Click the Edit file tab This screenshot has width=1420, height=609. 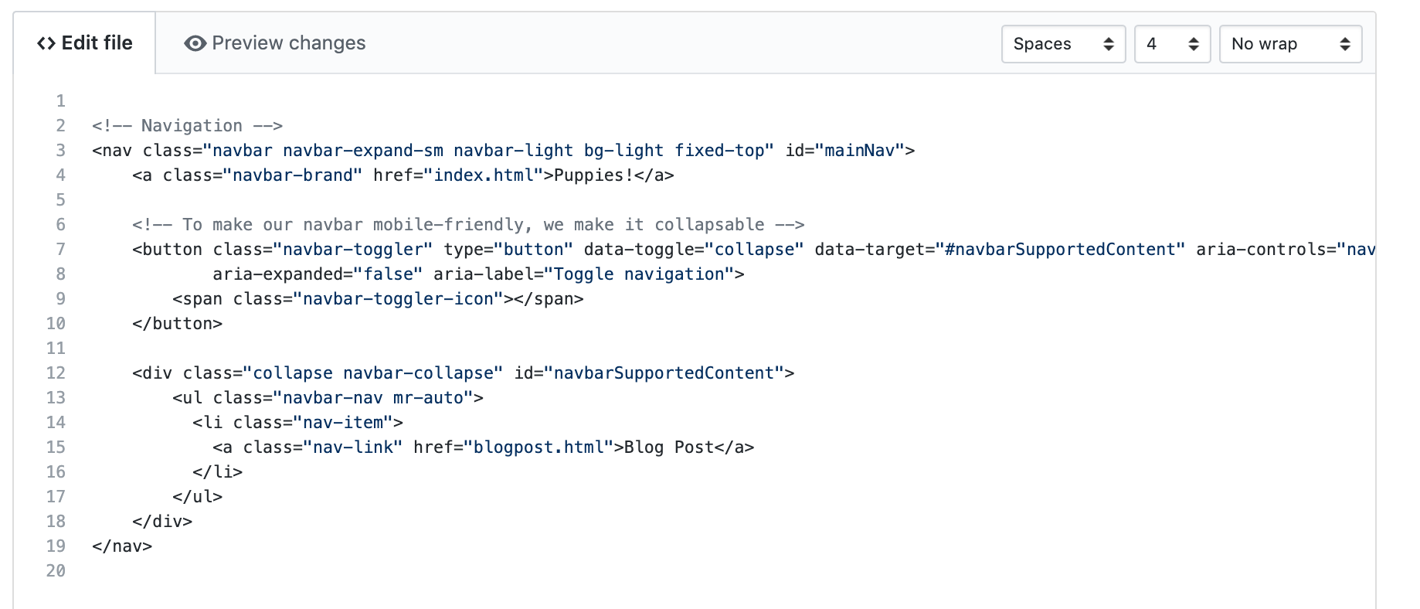[85, 43]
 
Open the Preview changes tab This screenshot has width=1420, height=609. [275, 43]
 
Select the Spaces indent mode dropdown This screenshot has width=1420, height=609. [1063, 44]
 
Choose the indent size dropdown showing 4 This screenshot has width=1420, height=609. [1172, 44]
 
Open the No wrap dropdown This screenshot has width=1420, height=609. [1290, 44]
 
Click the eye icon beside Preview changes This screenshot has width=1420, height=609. [195, 43]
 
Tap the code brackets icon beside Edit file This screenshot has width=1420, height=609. [46, 43]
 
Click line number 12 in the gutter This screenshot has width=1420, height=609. [56, 373]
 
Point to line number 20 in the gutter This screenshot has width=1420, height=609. [56, 571]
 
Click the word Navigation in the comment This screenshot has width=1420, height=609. [192, 126]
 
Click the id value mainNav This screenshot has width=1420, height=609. [859, 151]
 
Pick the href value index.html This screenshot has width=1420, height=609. [484, 175]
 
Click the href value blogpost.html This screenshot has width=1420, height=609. [538, 447]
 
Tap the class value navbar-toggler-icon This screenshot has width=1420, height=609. [398, 299]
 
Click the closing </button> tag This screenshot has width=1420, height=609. [177, 324]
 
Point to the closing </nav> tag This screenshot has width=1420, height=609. [122, 546]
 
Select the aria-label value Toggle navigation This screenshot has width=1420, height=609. [639, 274]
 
